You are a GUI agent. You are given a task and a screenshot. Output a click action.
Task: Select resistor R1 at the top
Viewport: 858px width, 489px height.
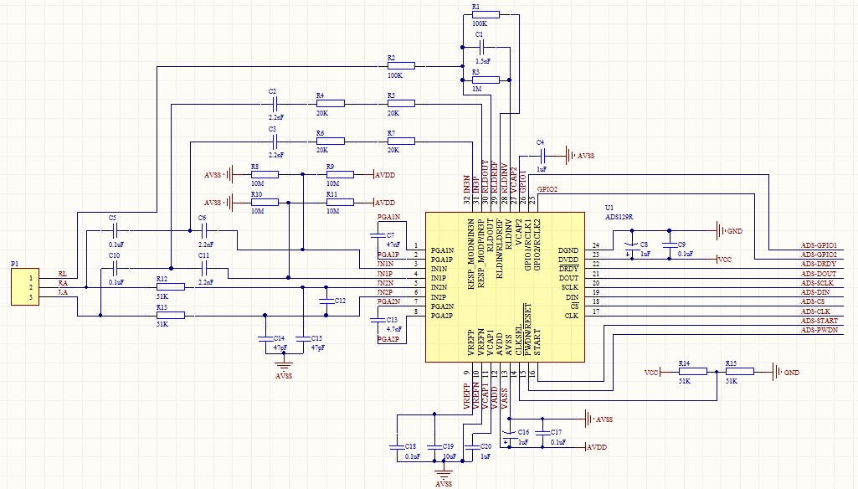click(485, 14)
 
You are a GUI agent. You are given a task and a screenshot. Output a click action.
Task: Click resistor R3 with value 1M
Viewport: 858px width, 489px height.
click(485, 80)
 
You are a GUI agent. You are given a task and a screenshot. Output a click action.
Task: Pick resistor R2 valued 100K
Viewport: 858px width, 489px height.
click(401, 65)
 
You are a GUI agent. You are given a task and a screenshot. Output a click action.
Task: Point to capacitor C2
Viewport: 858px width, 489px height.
click(275, 104)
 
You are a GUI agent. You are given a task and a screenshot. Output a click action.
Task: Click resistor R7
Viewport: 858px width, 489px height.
click(400, 142)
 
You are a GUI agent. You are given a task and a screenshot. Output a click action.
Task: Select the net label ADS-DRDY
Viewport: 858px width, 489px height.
click(818, 265)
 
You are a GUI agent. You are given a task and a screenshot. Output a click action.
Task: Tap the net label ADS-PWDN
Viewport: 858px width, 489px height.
click(819, 330)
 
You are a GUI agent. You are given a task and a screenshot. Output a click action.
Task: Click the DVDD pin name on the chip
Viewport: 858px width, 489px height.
click(568, 259)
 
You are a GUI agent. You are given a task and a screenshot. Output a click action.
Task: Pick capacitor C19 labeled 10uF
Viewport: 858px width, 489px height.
click(434, 447)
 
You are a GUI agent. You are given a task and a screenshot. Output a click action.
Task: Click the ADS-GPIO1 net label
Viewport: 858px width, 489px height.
click(819, 245)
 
